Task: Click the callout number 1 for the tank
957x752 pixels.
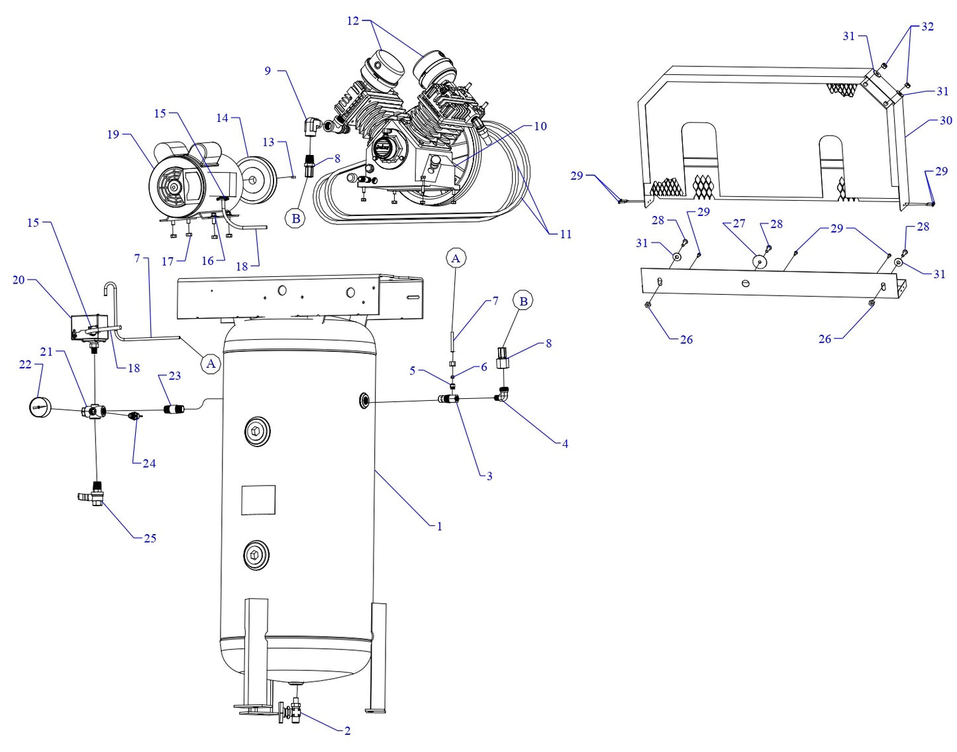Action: tap(439, 527)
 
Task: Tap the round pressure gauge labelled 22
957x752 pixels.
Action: tap(41, 407)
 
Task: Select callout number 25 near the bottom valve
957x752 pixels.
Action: tap(150, 538)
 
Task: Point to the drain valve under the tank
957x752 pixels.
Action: tap(291, 712)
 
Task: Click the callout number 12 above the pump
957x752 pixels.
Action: tap(353, 21)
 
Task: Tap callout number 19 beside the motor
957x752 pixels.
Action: tap(113, 134)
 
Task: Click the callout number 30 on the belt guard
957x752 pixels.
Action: tap(946, 121)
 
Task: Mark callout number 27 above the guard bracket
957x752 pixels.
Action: tap(739, 224)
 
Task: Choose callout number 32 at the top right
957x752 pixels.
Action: tap(927, 27)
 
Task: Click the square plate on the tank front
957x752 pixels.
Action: tap(258, 500)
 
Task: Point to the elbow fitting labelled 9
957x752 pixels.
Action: tap(313, 125)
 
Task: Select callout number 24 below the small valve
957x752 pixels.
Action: tap(149, 464)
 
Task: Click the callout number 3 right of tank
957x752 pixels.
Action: tap(489, 476)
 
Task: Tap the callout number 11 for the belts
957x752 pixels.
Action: tap(565, 234)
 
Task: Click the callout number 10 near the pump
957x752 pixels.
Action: tap(540, 126)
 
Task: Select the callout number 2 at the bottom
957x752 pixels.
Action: tap(347, 731)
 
